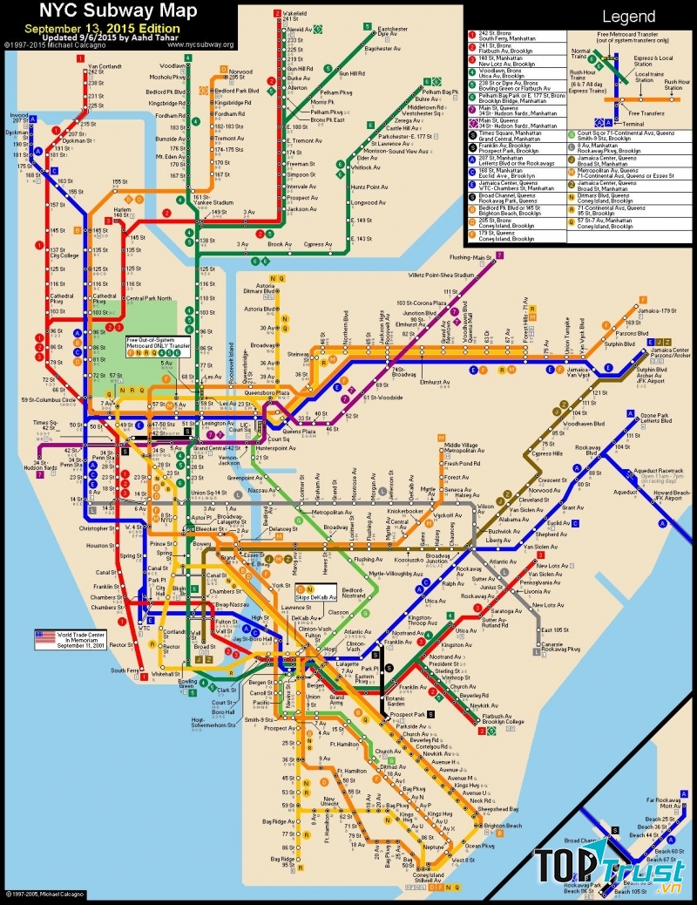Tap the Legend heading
[x=628, y=17]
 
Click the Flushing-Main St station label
[x=471, y=257]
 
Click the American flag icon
[x=45, y=635]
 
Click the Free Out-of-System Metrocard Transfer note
[x=158, y=344]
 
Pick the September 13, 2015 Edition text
[x=103, y=28]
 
